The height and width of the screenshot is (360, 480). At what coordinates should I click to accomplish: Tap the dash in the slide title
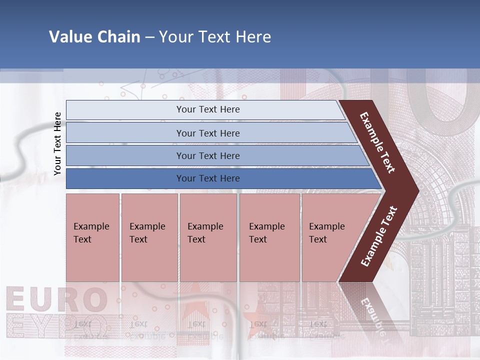pyautogui.click(x=149, y=37)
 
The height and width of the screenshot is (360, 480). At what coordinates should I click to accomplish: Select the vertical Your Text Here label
pyautogui.click(x=57, y=143)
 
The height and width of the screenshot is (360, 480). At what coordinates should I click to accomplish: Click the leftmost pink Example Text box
pyautogui.click(x=92, y=237)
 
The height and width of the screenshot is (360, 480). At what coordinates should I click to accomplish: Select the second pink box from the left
pyautogui.click(x=149, y=237)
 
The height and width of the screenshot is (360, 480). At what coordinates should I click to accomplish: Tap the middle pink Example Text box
pyautogui.click(x=208, y=237)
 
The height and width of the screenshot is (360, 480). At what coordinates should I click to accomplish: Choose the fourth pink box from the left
pyautogui.click(x=269, y=237)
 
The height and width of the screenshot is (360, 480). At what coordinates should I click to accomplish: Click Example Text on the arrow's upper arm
pyautogui.click(x=377, y=143)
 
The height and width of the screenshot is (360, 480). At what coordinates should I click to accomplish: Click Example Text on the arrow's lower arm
pyautogui.click(x=378, y=236)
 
